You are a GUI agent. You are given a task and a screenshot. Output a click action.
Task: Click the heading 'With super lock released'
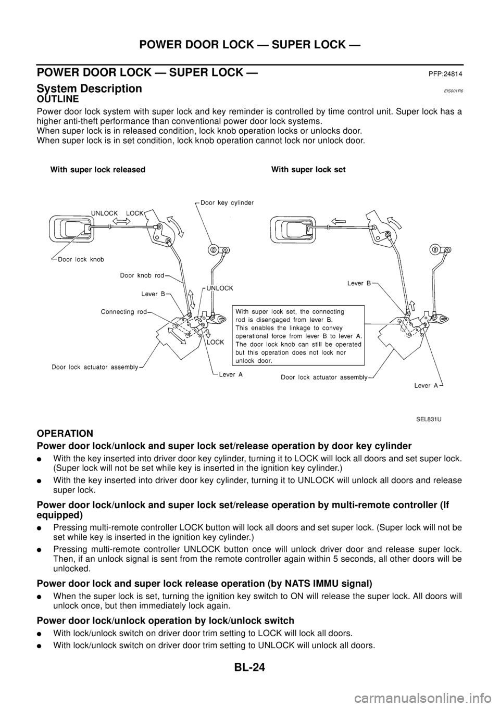click(97, 170)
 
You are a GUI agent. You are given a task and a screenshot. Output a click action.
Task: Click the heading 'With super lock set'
click(308, 170)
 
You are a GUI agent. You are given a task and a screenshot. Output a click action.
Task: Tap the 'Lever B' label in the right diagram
click(359, 284)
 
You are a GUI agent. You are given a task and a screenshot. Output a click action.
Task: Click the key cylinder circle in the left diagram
click(213, 250)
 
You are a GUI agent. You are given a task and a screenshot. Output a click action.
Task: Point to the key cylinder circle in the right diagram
click(433, 250)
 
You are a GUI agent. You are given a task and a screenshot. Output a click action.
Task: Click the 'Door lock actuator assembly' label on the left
click(94, 367)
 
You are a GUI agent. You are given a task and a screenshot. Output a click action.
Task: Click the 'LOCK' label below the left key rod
click(216, 343)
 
